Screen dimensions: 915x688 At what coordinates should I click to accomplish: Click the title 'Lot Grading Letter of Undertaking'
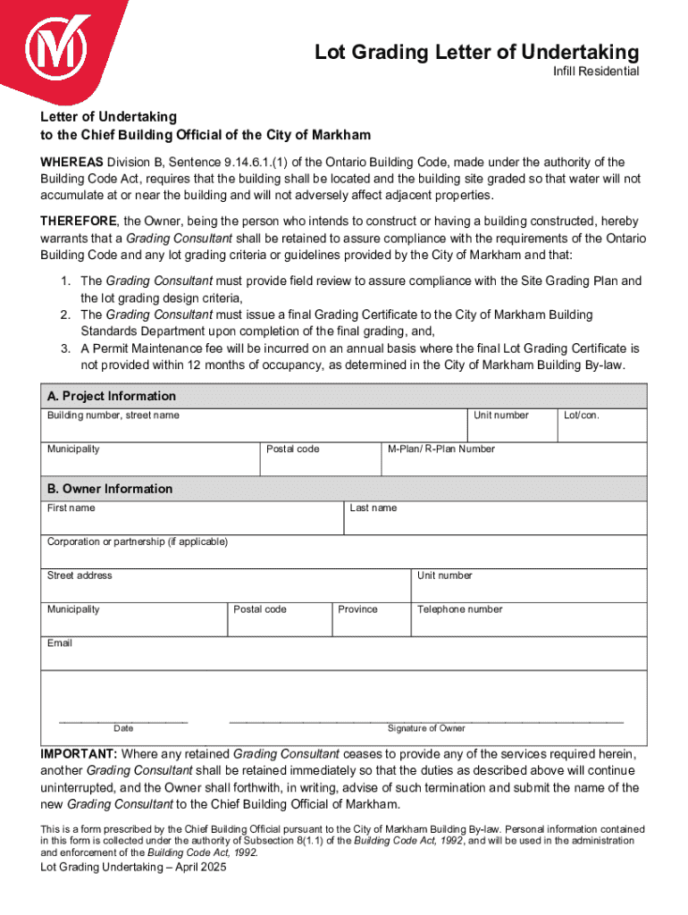click(x=476, y=53)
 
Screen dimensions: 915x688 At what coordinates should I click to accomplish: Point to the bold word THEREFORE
click(x=78, y=221)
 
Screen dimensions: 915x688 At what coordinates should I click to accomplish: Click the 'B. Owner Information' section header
click(x=110, y=489)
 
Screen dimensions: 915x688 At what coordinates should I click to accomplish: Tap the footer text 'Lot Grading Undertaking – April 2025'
click(x=133, y=868)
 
